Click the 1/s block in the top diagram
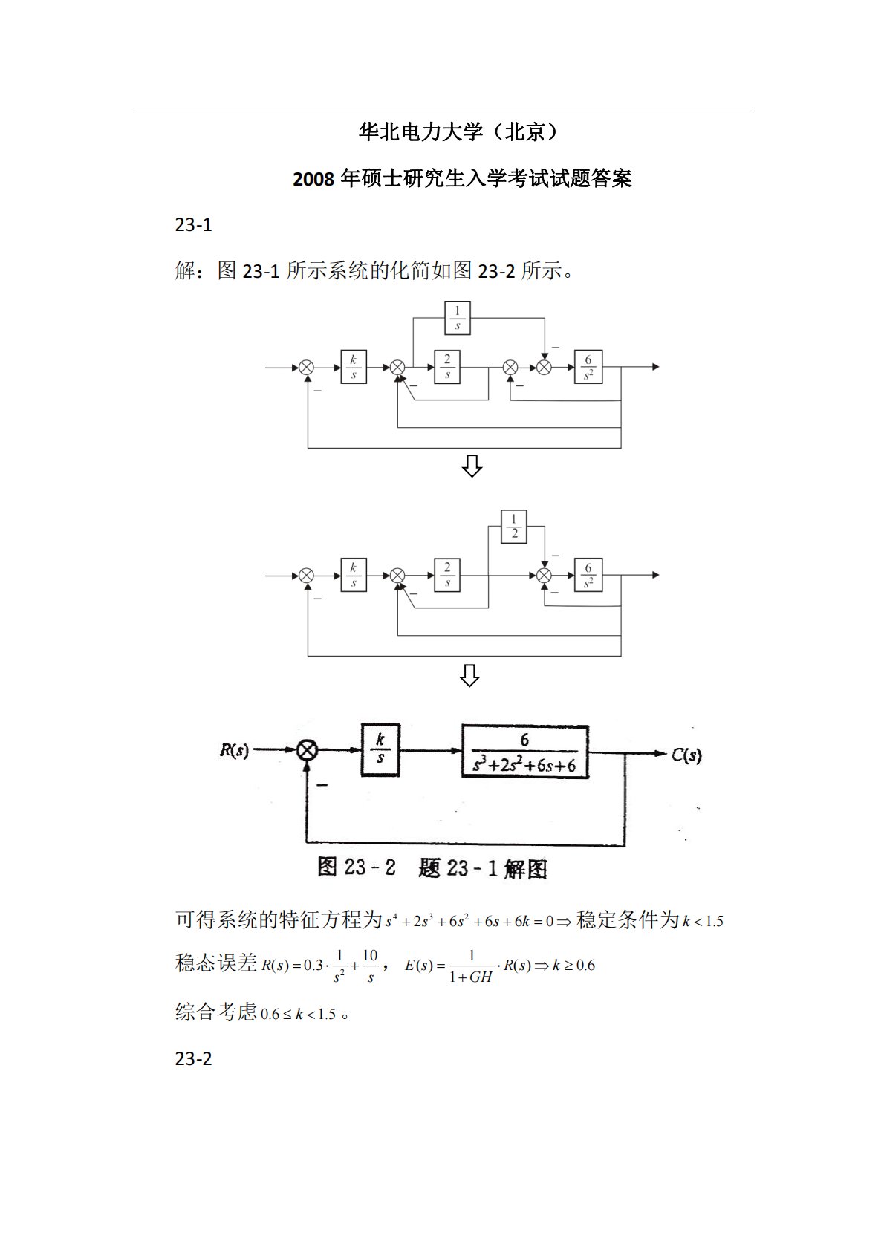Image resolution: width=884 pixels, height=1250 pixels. (457, 318)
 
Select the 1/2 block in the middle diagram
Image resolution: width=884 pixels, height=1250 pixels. (514, 527)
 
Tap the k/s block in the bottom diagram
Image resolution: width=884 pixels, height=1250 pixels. (380, 750)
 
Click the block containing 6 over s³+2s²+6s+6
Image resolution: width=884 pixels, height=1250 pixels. (524, 752)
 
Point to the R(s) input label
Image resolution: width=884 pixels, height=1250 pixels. (234, 751)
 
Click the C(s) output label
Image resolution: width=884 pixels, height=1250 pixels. (686, 755)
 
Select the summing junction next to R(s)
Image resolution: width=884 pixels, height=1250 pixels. (307, 751)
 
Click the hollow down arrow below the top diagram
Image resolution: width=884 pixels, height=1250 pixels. (472, 466)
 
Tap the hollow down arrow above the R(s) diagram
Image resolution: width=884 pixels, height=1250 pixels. (469, 676)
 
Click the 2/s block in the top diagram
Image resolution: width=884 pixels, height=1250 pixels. (446, 367)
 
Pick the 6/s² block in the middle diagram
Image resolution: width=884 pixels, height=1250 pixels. (588, 576)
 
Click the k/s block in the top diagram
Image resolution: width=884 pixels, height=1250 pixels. (353, 367)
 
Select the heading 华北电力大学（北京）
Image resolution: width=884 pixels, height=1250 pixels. (458, 132)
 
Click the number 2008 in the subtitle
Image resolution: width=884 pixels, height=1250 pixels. (313, 180)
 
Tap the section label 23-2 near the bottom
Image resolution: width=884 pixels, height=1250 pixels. (194, 1058)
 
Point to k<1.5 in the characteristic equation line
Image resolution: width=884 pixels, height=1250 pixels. (703, 922)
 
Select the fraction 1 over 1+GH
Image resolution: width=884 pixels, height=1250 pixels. (471, 966)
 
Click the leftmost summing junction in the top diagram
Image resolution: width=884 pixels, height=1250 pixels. (307, 367)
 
